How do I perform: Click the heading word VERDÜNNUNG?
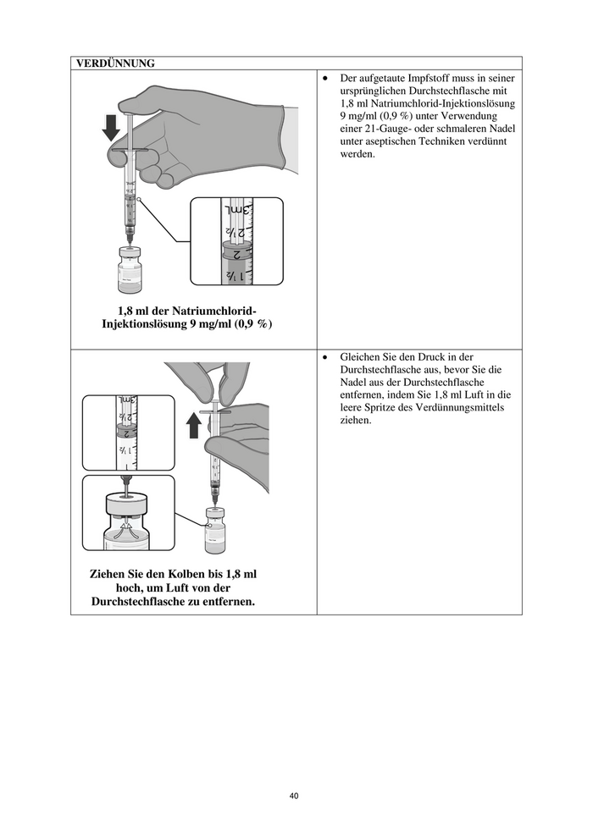tap(115, 63)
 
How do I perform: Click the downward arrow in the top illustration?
tap(111, 130)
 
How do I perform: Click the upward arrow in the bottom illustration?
tap(194, 424)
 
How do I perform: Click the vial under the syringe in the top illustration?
tap(129, 268)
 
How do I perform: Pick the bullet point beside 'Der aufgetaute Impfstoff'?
tap(326, 77)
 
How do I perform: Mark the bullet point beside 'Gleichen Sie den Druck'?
tap(326, 356)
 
